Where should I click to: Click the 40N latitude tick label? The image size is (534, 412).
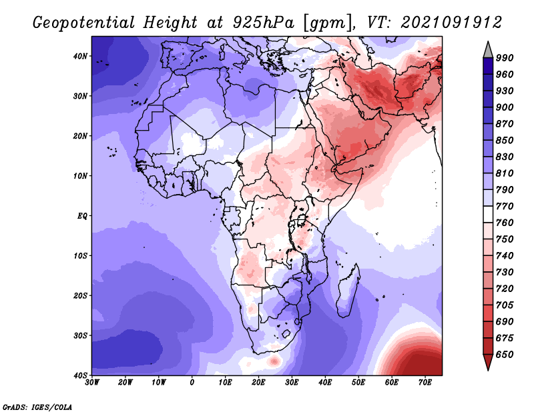[80, 56]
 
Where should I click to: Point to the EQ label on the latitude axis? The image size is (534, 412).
[82, 216]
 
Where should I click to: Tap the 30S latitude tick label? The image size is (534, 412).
[80, 336]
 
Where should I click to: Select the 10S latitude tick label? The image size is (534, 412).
[80, 256]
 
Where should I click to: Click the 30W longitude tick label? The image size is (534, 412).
[92, 383]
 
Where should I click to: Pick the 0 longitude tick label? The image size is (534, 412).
[192, 383]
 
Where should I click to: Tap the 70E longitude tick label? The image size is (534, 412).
[425, 383]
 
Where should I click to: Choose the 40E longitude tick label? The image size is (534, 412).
[325, 383]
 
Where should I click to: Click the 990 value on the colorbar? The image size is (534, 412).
[505, 58]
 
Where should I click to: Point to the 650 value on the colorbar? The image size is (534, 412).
[505, 355]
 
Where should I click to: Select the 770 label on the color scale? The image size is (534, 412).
[505, 207]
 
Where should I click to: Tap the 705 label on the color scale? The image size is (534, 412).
[505, 305]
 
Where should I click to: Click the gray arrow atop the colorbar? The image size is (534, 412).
[488, 51]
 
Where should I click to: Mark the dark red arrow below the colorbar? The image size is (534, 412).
[488, 361]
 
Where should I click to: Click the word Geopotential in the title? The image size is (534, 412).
[84, 23]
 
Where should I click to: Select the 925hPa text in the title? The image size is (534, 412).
[264, 23]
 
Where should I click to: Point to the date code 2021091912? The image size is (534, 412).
[451, 23]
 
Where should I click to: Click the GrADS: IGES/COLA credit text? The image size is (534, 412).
[37, 407]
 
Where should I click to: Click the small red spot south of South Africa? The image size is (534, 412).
[274, 361]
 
